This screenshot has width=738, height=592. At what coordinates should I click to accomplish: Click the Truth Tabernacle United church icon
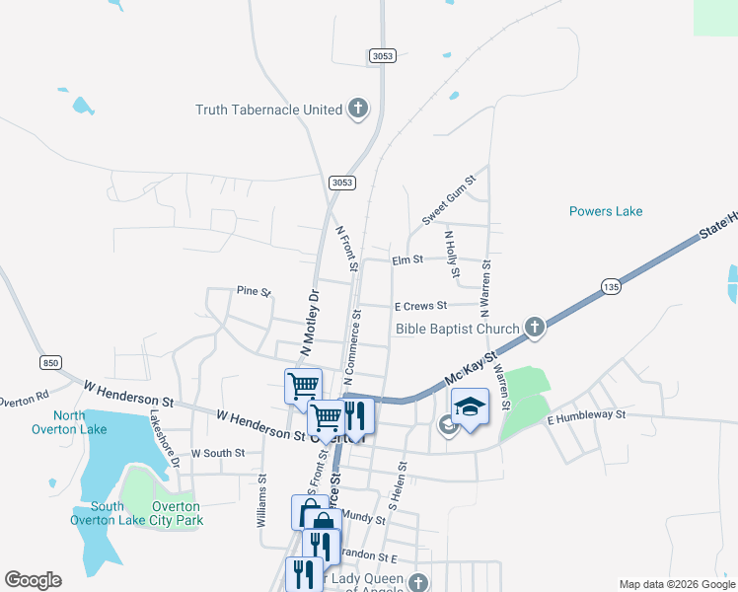point(357,110)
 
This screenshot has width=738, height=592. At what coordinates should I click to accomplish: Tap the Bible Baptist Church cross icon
point(534,329)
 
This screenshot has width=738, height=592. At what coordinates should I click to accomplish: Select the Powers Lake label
point(606,211)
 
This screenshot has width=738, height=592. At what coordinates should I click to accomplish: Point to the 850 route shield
point(50,363)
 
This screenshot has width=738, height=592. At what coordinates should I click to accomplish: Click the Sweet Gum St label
point(449,200)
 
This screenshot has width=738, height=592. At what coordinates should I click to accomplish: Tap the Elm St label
point(406,259)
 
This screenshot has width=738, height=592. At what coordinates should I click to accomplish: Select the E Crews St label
point(420,306)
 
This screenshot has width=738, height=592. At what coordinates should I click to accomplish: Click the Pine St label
point(253,291)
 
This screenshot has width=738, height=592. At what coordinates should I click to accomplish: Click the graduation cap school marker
point(470,407)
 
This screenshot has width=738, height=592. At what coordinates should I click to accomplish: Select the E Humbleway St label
point(586,415)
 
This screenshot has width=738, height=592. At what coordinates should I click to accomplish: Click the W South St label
point(216,454)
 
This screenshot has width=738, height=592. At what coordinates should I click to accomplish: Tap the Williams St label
point(261,502)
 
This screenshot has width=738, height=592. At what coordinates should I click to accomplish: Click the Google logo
point(33,580)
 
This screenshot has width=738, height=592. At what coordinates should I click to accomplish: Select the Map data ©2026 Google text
point(676,584)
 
